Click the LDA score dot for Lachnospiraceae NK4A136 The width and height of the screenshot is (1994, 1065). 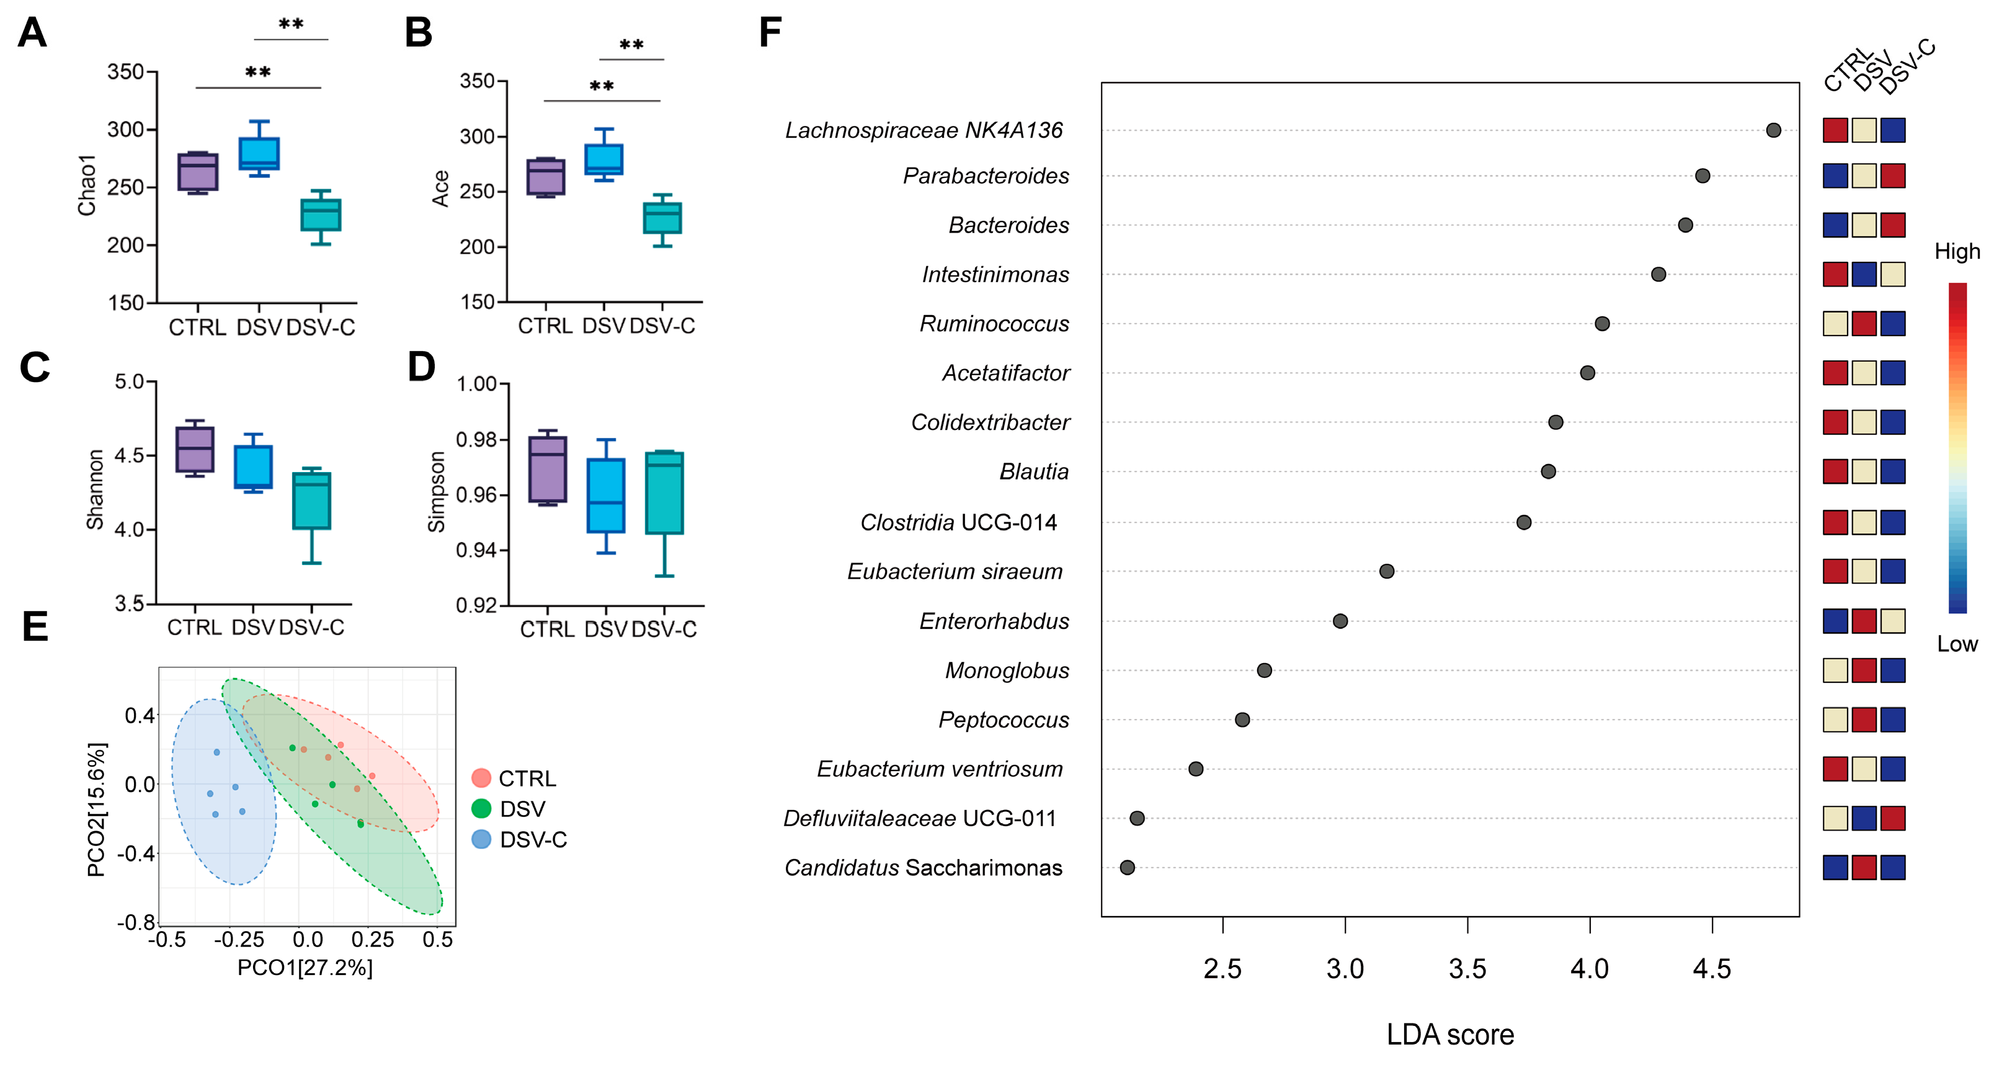pyautogui.click(x=1773, y=130)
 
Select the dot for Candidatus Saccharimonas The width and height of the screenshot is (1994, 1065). pyautogui.click(x=1127, y=868)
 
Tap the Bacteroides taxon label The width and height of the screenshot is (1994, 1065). pyautogui.click(x=1008, y=225)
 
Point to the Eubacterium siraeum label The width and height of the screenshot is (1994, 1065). pyautogui.click(x=955, y=571)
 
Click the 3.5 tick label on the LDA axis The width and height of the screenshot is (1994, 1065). pyautogui.click(x=1467, y=968)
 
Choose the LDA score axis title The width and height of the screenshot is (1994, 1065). pyautogui.click(x=1450, y=1035)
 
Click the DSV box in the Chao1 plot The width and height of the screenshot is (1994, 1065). pyautogui.click(x=259, y=154)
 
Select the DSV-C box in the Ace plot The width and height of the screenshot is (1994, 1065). pyautogui.click(x=662, y=218)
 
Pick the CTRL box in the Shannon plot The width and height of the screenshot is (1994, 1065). pyautogui.click(x=195, y=449)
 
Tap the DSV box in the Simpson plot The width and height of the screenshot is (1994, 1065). pyautogui.click(x=606, y=496)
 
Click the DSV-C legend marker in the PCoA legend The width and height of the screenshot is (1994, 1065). pyautogui.click(x=481, y=839)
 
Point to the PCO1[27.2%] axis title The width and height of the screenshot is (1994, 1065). pyautogui.click(x=305, y=968)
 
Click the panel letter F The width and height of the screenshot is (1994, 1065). pyautogui.click(x=770, y=32)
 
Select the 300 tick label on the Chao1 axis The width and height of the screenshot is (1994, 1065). pyautogui.click(x=126, y=129)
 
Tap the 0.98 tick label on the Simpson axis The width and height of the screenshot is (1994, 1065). pyautogui.click(x=477, y=440)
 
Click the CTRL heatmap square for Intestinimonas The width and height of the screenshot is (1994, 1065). pyautogui.click(x=1835, y=274)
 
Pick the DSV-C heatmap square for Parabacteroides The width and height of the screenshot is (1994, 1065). pyautogui.click(x=1893, y=176)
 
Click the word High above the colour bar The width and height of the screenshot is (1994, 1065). pyautogui.click(x=1957, y=252)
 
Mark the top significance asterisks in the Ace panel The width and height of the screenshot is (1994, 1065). pyautogui.click(x=631, y=45)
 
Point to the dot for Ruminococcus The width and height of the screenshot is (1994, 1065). pyautogui.click(x=1602, y=324)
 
